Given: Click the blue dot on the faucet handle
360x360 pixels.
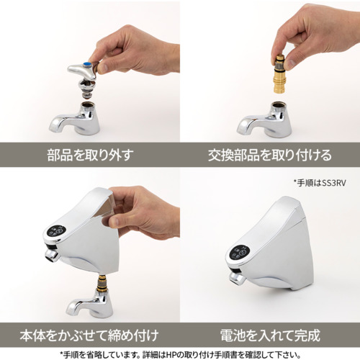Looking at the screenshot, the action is pyautogui.click(x=87, y=65).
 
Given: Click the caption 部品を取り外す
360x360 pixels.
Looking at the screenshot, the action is pyautogui.click(x=90, y=155).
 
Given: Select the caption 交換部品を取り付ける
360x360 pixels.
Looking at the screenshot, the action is pyautogui.click(x=270, y=155).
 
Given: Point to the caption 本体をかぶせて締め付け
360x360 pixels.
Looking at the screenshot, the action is pyautogui.click(x=89, y=336).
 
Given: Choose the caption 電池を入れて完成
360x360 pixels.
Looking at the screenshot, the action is pyautogui.click(x=270, y=336).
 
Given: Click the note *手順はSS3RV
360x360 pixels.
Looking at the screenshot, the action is pyautogui.click(x=320, y=183).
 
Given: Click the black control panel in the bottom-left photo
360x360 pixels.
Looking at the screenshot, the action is pyautogui.click(x=56, y=230).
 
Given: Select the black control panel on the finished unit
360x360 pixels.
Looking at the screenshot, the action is pyautogui.click(x=238, y=253).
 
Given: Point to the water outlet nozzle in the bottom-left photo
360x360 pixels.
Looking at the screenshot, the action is pyautogui.click(x=52, y=255).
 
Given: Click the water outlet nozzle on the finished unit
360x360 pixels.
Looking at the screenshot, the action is pyautogui.click(x=237, y=279).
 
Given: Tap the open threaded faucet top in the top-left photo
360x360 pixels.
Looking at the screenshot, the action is pyautogui.click(x=89, y=105).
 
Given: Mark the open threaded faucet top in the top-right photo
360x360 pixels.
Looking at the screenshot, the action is pyautogui.click(x=279, y=105).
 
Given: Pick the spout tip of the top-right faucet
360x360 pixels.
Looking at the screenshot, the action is pyautogui.click(x=242, y=127).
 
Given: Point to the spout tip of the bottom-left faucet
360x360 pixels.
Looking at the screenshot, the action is pyautogui.click(x=71, y=309).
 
